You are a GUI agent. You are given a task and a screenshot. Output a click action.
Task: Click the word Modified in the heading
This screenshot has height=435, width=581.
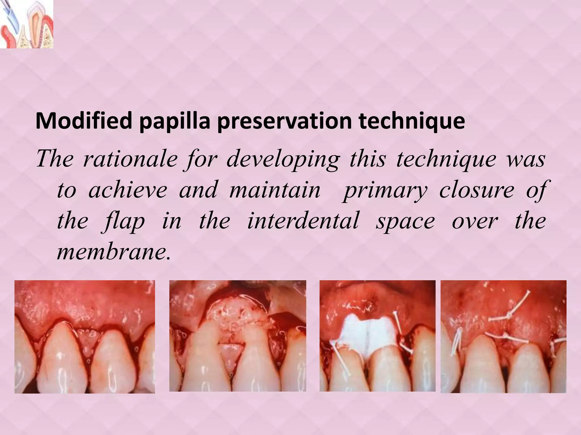click(x=84, y=121)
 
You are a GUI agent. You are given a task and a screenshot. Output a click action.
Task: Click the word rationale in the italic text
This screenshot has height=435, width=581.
click(x=130, y=159)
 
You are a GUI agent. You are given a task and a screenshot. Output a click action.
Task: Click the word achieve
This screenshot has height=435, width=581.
click(x=128, y=190)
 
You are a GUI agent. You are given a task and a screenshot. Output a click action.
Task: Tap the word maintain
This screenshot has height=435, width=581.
click(x=275, y=190)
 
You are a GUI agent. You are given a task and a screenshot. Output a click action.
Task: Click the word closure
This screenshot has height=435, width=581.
click(x=477, y=190)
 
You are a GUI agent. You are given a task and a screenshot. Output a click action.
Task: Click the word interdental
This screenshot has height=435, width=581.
click(x=303, y=221)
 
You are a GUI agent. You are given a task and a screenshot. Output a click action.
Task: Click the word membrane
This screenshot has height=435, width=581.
click(x=113, y=251)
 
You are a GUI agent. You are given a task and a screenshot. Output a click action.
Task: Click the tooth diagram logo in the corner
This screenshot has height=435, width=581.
click(x=26, y=24)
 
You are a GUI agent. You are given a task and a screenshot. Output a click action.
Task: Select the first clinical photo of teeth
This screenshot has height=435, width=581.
click(x=85, y=336)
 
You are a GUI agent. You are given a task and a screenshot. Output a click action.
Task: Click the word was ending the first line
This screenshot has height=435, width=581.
click(x=530, y=159)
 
